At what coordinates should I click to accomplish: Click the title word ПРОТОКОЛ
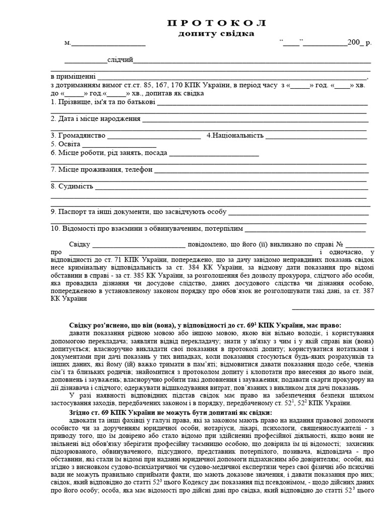(216, 24)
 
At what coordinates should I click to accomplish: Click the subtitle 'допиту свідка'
(216, 33)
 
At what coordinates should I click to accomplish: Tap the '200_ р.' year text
(359, 43)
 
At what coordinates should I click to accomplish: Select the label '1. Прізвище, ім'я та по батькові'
(103, 102)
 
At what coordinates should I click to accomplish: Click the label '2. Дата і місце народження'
(95, 119)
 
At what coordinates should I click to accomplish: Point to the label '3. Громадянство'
(78, 136)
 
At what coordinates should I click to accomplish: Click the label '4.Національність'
(235, 136)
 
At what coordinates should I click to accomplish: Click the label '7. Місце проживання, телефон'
(101, 169)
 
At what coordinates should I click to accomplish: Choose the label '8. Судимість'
(72, 186)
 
